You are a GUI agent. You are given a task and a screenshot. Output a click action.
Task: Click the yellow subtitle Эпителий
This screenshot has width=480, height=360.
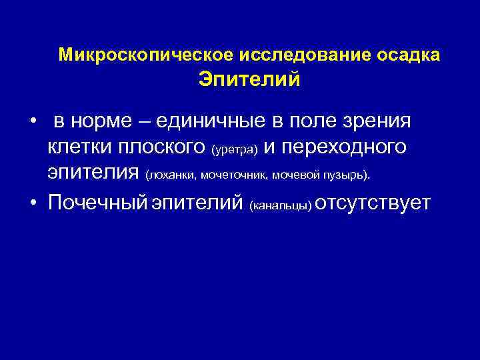click(x=249, y=80)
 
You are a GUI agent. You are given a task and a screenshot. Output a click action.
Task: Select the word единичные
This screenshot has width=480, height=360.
click(x=221, y=122)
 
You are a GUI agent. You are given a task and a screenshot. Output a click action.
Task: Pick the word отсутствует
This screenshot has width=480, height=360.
click(x=373, y=202)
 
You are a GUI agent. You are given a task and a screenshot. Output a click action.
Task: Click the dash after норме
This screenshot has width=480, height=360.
click(x=163, y=123)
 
